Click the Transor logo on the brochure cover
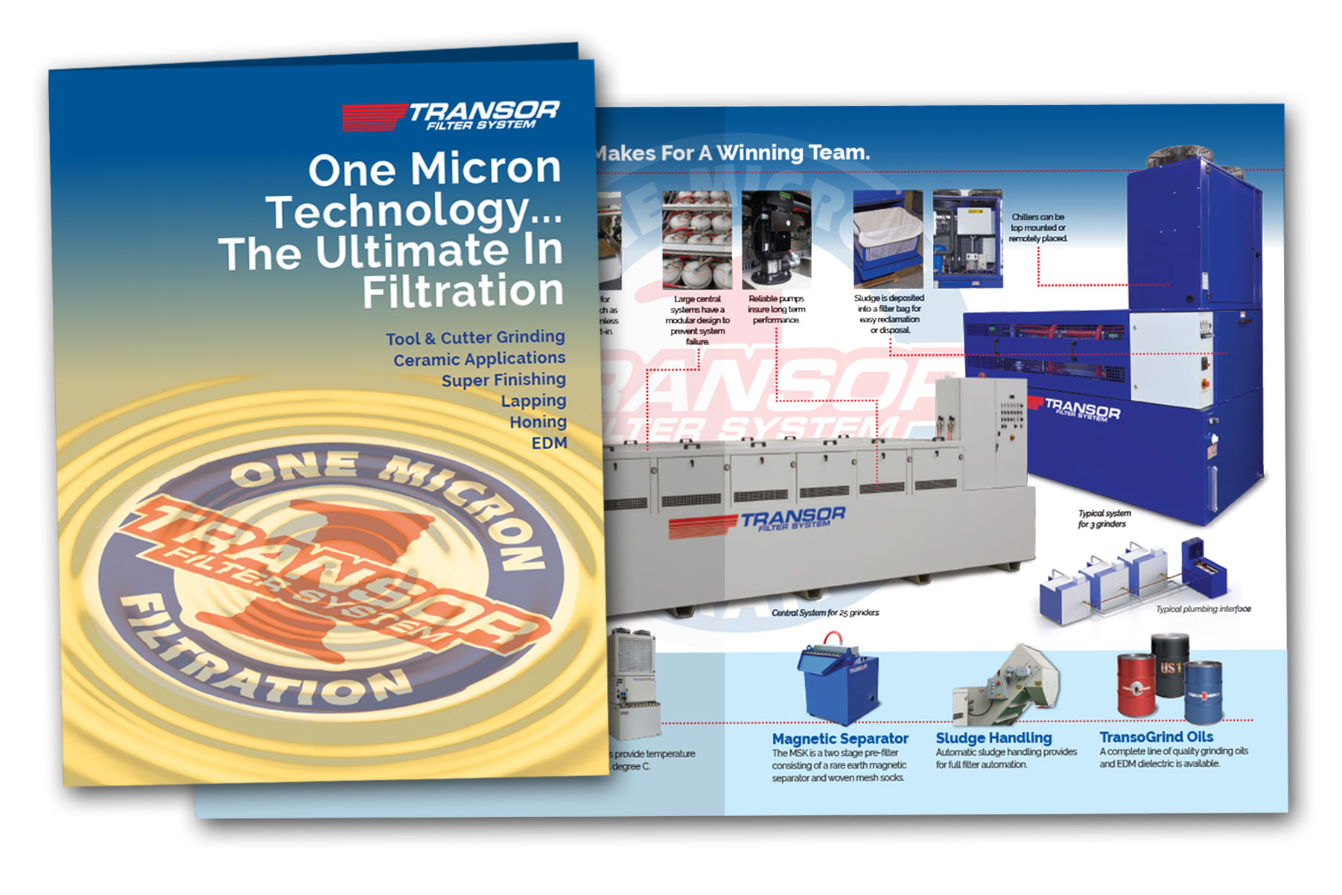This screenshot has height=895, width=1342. point(451,116)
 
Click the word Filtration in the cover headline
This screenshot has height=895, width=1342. point(462,291)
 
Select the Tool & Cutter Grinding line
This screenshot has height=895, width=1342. point(475,338)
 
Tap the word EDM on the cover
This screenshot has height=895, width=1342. point(549,443)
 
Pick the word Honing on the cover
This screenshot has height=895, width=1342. point(538,422)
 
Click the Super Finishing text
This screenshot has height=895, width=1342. point(503,380)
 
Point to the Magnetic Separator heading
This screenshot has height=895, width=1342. point(839,739)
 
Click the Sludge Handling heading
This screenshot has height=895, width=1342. point(993,738)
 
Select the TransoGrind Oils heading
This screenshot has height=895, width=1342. point(1156,737)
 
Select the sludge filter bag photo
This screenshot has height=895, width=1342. point(888,238)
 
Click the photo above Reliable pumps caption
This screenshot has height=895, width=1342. point(776,238)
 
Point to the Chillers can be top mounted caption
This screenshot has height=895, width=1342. point(1037,228)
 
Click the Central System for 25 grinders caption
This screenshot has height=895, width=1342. point(825,613)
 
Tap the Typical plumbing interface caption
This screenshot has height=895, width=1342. point(1203,609)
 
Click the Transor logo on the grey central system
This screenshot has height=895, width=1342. point(758,521)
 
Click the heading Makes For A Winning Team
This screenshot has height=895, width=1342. point(731,153)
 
